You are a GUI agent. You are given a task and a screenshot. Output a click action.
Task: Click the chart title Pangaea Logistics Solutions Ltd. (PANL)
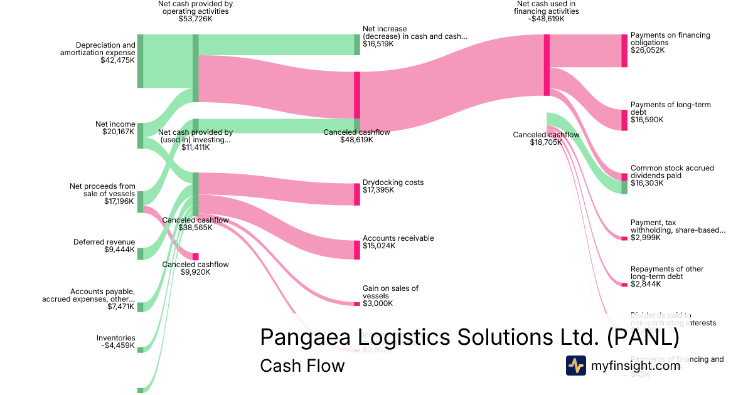pos(469,337)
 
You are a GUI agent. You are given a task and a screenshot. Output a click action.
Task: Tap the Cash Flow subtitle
pos(302,366)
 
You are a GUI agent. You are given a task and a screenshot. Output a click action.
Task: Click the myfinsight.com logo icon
pos(576,366)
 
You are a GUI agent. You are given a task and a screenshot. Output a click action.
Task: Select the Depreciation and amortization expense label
pos(97,53)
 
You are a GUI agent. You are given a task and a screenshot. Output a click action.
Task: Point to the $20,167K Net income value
pos(119,132)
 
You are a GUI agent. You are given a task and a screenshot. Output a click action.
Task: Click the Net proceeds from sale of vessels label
pos(102,194)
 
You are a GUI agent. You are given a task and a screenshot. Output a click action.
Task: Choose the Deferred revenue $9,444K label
pos(104,245)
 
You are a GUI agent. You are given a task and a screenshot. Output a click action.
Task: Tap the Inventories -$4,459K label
pos(115,342)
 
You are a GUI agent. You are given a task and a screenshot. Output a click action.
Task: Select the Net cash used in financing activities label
pos(546,11)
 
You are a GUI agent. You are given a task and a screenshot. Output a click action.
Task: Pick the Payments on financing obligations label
pos(670,43)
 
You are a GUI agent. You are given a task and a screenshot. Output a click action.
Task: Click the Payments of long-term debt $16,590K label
pos(670,112)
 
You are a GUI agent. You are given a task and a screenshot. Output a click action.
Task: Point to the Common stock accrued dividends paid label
pos(672,172)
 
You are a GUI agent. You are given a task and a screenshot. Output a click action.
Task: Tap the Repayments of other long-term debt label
pos(666,276)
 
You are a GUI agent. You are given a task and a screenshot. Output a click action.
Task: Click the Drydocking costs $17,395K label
pos(393,186)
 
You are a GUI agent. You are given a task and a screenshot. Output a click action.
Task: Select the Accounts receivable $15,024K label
pos(398,242)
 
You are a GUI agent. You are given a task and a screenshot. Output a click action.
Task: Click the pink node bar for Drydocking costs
pos(357,194)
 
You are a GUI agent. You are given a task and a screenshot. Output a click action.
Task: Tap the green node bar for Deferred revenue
pos(141,253)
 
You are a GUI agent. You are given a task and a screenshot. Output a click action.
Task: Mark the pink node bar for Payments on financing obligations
pos(624,51)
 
